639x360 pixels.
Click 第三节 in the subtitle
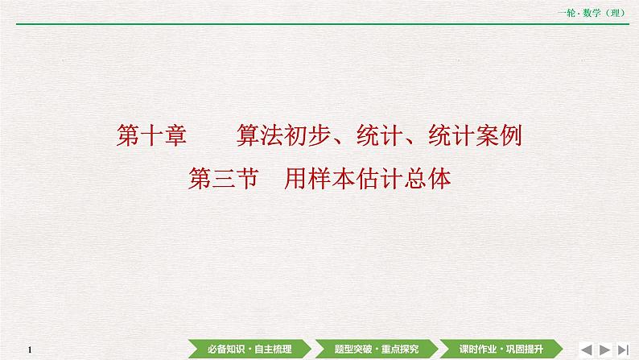(x=222, y=178)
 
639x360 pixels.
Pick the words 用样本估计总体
(x=368, y=178)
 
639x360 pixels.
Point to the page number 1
(x=28, y=349)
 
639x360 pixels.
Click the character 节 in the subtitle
(x=245, y=178)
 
